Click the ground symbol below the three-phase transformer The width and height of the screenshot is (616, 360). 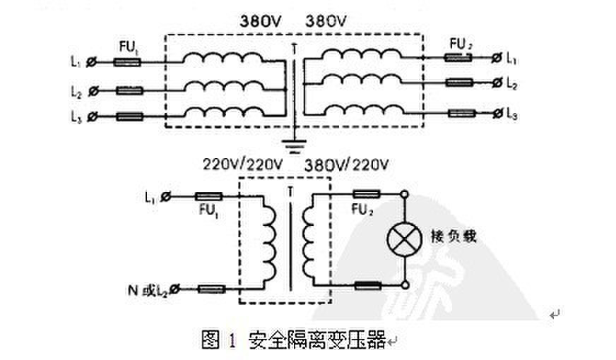[x=292, y=146]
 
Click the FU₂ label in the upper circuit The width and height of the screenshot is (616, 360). [x=461, y=45]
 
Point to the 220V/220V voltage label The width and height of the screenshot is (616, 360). [x=243, y=165]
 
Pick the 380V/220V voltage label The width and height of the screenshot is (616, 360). [x=347, y=165]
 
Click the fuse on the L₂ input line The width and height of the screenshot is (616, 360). [x=129, y=90]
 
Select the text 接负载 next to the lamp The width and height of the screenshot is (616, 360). [x=454, y=236]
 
